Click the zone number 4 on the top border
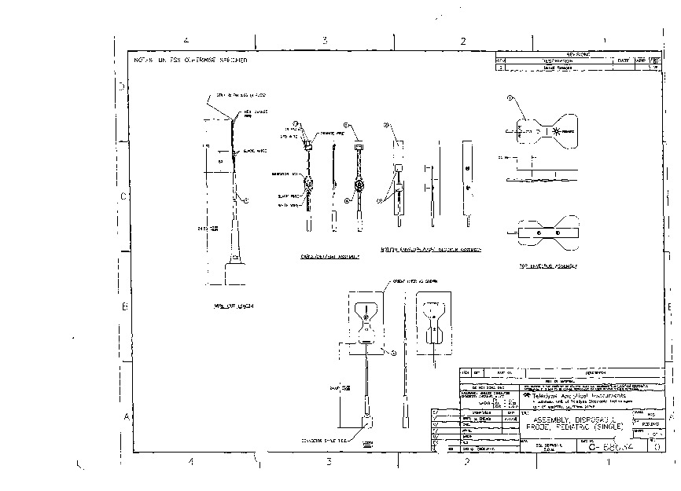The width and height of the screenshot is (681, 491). (x=186, y=41)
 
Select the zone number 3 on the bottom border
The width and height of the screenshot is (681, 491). (x=327, y=463)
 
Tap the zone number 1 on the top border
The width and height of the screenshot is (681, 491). (x=603, y=41)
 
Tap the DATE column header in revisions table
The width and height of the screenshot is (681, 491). (x=623, y=60)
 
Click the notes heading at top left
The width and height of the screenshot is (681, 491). (x=190, y=60)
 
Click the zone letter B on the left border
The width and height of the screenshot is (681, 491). (x=124, y=307)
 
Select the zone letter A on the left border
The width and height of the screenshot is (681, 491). (x=124, y=416)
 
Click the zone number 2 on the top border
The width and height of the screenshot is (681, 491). (x=463, y=41)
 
